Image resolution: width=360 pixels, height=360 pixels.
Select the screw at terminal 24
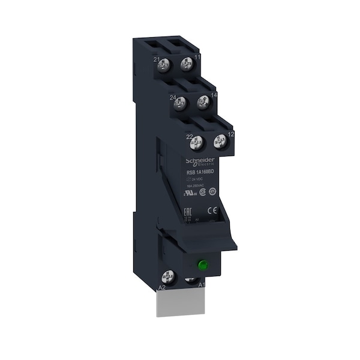click(179, 104)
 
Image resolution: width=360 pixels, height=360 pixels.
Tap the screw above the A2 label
click(169, 277)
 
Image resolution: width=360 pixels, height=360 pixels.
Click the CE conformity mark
click(211, 210)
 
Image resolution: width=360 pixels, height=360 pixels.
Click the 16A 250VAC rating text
click(192, 188)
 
